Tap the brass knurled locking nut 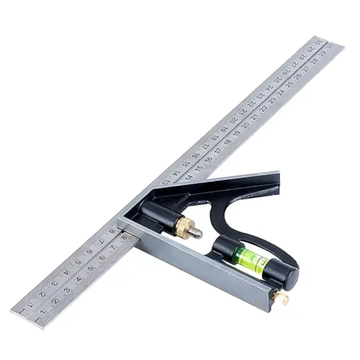182,226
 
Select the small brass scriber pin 280,298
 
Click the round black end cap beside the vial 287,277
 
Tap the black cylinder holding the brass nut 155,213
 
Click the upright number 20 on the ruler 246,123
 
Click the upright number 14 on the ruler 190,176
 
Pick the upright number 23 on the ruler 272,103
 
